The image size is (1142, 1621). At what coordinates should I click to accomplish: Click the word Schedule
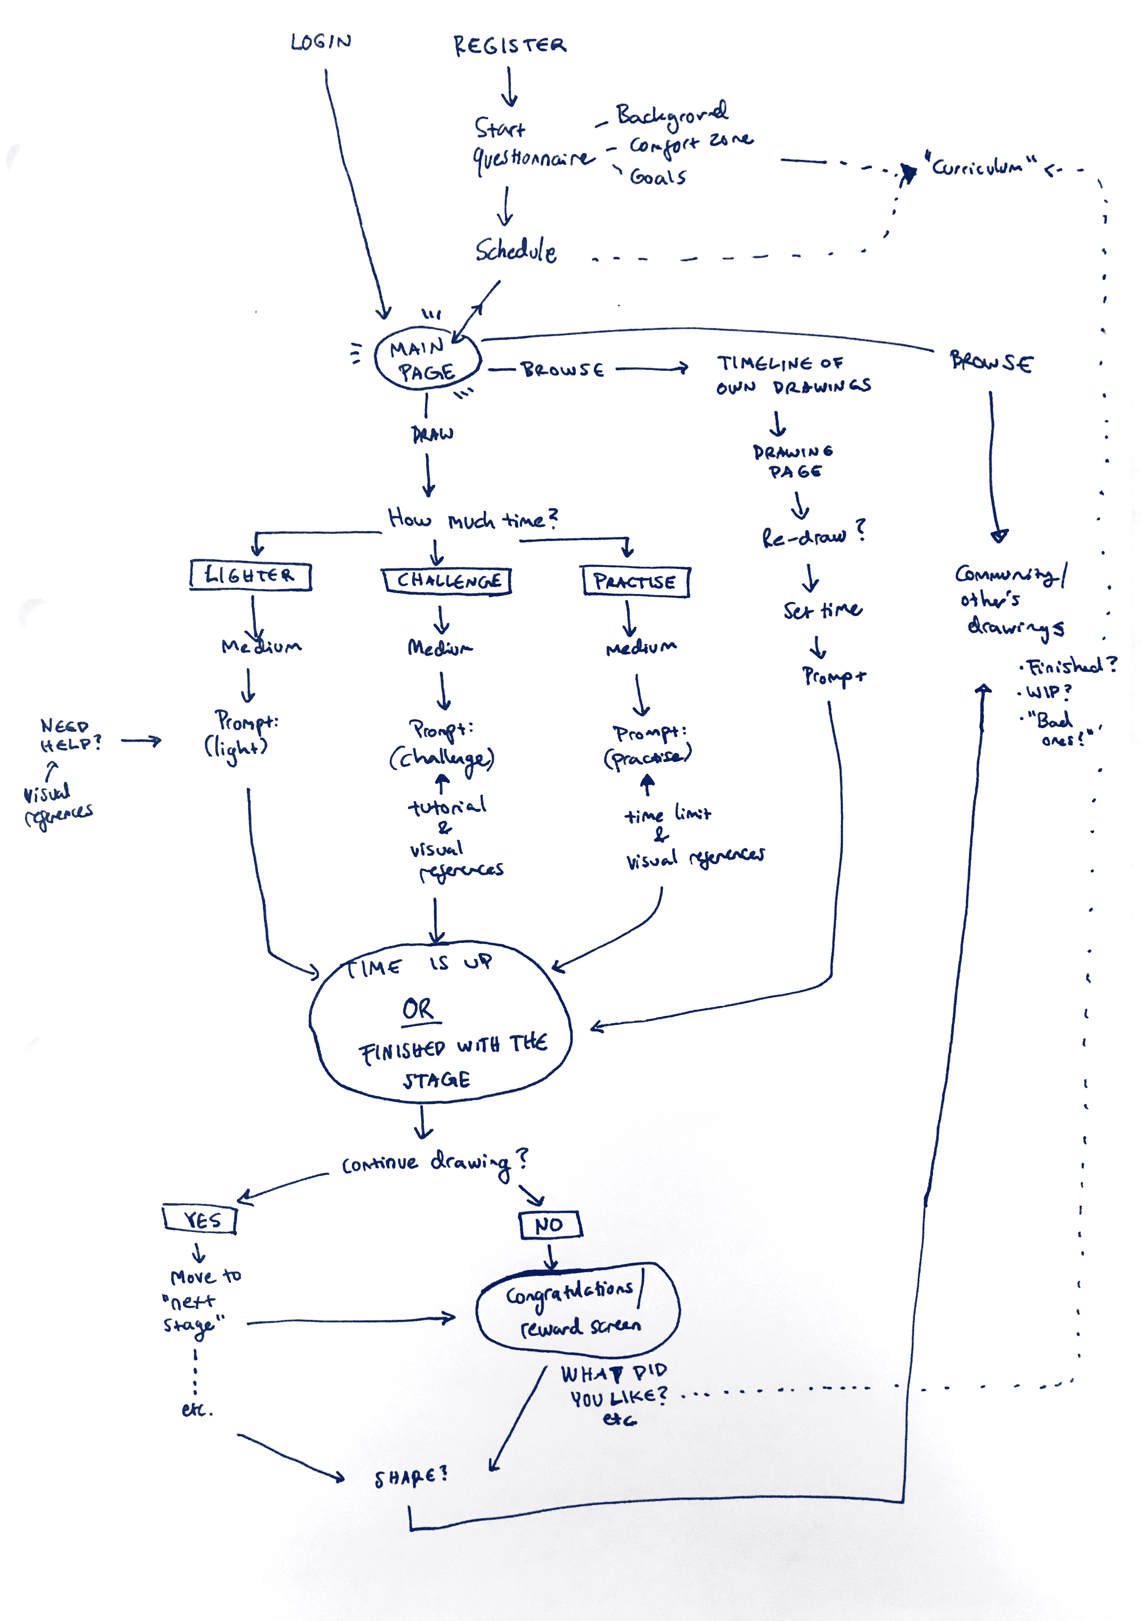[x=515, y=250]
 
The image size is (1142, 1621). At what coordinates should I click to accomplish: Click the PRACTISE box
[x=635, y=582]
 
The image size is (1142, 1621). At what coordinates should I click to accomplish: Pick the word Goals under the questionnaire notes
[x=657, y=176]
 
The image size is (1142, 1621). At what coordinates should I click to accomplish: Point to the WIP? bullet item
[x=1048, y=692]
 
